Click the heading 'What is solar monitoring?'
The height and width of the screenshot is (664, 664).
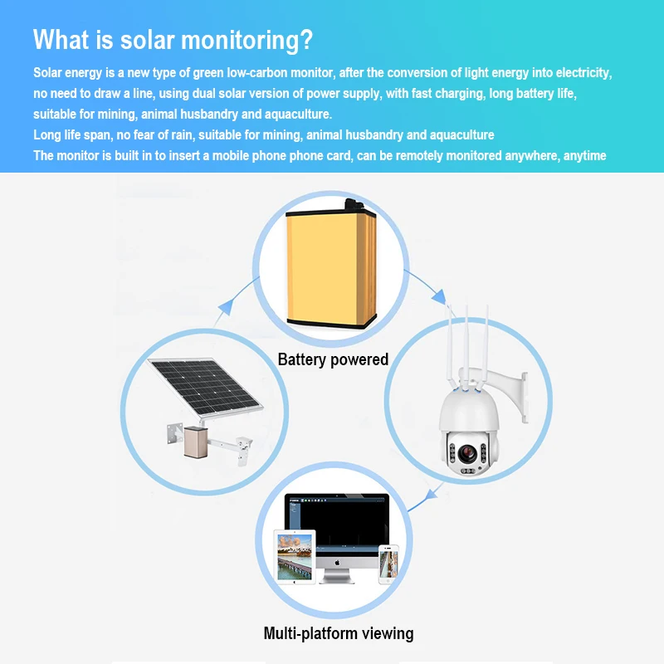pos(173,41)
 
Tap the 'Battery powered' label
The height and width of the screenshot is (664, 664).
pos(333,359)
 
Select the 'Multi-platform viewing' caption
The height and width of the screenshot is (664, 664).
pos(338,633)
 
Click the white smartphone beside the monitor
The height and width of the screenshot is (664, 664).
pos(388,564)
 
